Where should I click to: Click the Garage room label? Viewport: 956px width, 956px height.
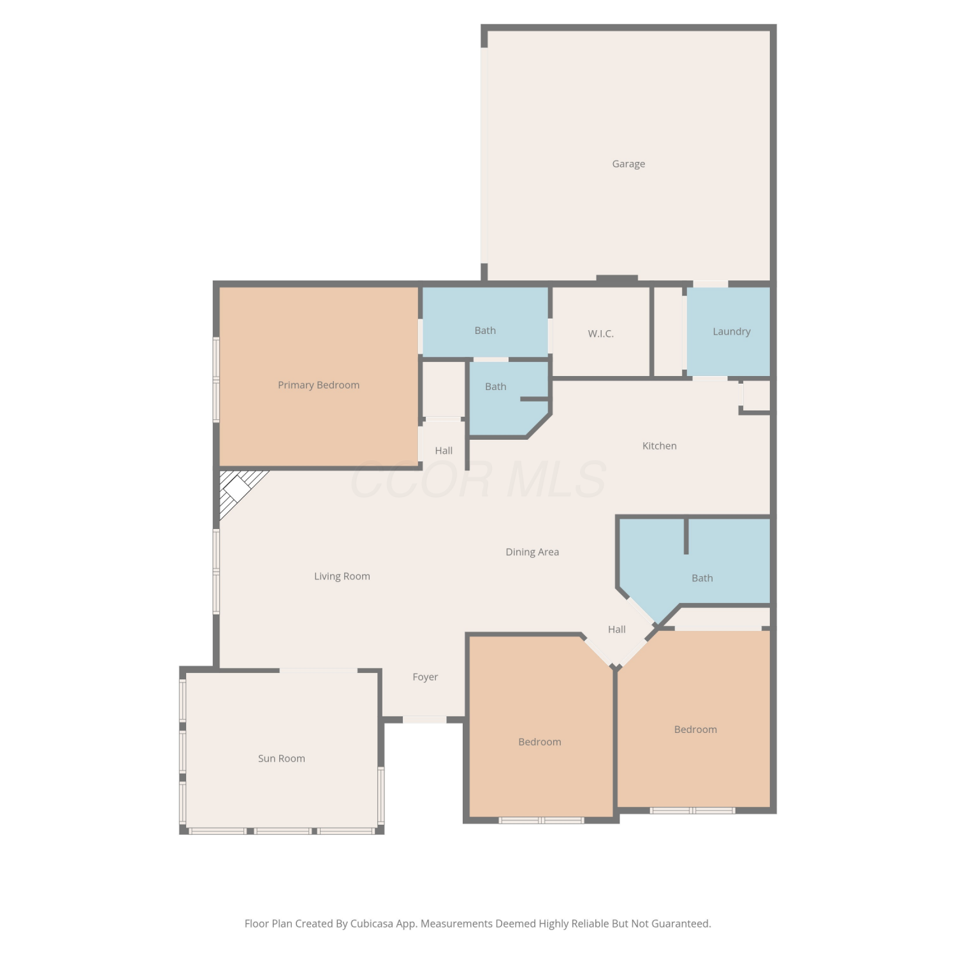tap(628, 164)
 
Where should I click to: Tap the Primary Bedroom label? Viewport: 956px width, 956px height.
tap(319, 385)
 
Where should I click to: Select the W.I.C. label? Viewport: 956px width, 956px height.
tap(600, 333)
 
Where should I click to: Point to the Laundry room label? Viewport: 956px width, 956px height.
tap(732, 331)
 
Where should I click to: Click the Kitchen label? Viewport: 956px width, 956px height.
tap(660, 445)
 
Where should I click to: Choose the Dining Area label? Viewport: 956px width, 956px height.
tap(532, 552)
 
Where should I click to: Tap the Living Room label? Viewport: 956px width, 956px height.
tap(342, 576)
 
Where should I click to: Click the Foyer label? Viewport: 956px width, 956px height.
tap(425, 677)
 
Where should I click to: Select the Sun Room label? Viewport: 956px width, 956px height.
tap(282, 758)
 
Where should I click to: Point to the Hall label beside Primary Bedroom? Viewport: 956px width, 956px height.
tap(444, 451)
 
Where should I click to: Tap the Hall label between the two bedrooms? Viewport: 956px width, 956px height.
tap(617, 629)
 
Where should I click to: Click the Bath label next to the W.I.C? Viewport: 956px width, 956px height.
tap(485, 330)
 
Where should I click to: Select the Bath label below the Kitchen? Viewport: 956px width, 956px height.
tap(702, 578)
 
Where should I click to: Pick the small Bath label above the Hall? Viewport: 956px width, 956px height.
tap(496, 386)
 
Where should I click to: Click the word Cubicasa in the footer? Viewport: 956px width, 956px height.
tap(372, 923)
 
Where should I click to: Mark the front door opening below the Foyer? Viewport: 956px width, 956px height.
tap(424, 720)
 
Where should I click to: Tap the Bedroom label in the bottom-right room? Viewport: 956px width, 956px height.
tap(695, 729)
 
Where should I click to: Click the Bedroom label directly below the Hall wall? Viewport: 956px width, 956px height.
tap(540, 742)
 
